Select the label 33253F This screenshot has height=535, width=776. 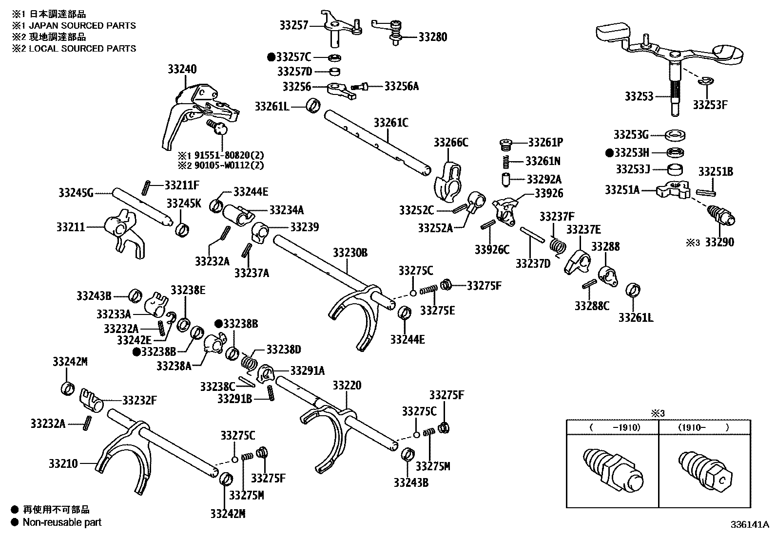710,104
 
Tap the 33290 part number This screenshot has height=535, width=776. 719,242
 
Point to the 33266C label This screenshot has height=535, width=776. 450,142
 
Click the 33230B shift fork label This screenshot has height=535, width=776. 350,253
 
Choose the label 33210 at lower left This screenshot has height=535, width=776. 63,463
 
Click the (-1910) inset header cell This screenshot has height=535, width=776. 612,427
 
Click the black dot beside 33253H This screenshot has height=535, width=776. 609,152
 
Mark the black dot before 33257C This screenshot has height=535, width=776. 271,57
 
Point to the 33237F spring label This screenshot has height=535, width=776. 557,216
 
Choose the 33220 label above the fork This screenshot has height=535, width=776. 347,386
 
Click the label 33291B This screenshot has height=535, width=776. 234,399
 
